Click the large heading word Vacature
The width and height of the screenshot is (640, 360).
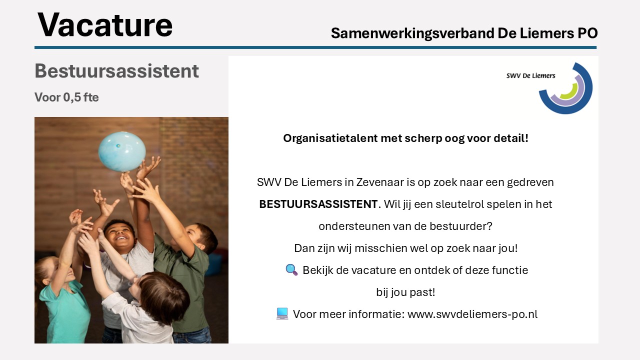click(105, 25)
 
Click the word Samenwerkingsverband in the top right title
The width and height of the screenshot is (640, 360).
click(413, 33)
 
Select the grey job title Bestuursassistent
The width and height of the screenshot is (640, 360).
click(116, 71)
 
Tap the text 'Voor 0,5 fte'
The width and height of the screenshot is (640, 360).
click(66, 97)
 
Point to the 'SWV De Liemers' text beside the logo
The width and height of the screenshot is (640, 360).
click(531, 75)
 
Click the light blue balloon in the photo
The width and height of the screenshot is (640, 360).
click(122, 151)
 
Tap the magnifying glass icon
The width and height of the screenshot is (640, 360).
click(291, 269)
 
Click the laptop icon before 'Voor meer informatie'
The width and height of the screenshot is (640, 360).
click(282, 313)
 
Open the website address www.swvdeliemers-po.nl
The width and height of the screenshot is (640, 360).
click(472, 314)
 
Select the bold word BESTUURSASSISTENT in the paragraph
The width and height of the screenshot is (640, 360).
click(318, 204)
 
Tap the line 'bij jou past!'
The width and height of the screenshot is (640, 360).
click(405, 292)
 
